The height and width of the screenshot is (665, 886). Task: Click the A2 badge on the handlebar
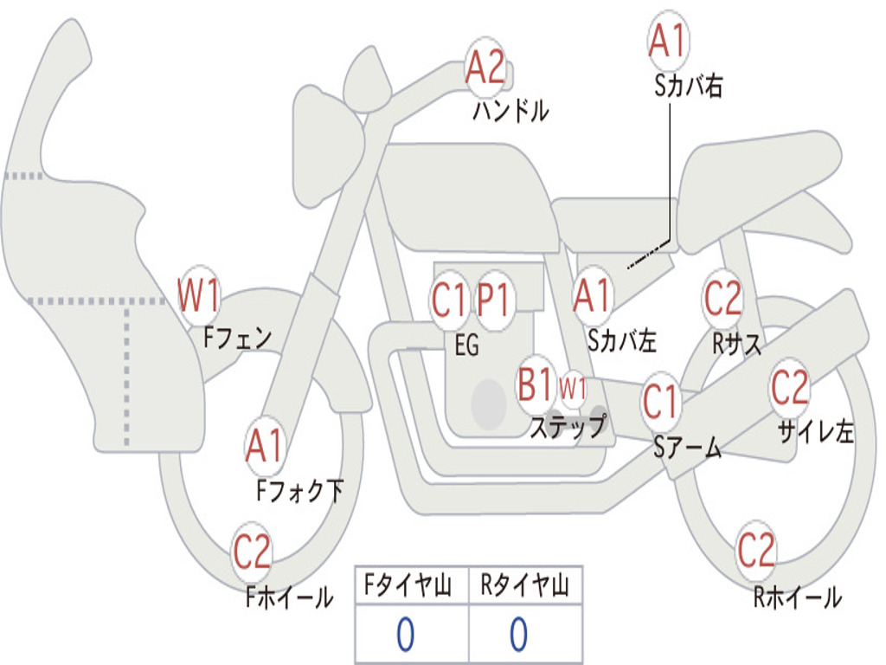click(x=485, y=67)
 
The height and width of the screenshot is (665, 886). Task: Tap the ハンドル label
click(x=510, y=112)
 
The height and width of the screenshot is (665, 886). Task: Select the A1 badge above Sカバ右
click(x=667, y=41)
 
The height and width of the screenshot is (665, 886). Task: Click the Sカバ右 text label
click(x=689, y=87)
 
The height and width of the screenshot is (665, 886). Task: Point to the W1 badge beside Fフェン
click(x=198, y=296)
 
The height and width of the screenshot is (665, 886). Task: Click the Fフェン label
click(x=238, y=337)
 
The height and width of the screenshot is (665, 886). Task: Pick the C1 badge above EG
click(x=449, y=300)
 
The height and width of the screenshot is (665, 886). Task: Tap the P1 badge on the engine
click(x=494, y=300)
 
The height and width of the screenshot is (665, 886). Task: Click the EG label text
click(x=466, y=345)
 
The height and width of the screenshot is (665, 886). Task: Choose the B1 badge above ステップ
click(x=535, y=384)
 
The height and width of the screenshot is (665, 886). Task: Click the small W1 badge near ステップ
click(x=573, y=388)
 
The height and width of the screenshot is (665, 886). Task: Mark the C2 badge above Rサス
click(x=722, y=299)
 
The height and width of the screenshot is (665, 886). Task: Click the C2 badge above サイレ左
click(x=789, y=388)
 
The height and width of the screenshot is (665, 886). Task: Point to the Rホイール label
click(x=797, y=597)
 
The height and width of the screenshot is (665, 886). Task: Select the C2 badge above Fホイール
click(x=252, y=552)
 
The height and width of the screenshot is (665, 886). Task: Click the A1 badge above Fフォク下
click(x=264, y=447)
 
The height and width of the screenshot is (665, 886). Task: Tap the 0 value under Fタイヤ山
click(x=405, y=635)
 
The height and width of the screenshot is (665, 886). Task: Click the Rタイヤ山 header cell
click(x=524, y=587)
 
